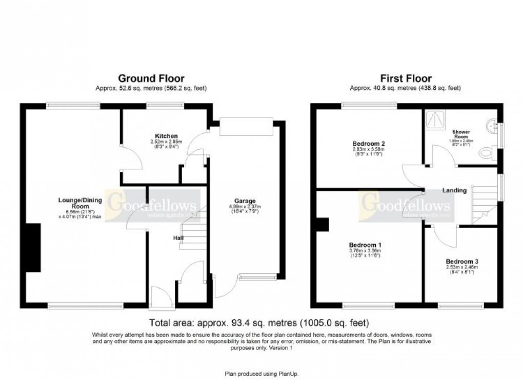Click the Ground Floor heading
[x=151, y=78]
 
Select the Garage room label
[x=245, y=201]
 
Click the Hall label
[x=177, y=237]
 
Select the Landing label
[x=454, y=190]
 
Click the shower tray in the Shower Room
[x=436, y=121]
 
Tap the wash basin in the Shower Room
[x=493, y=124]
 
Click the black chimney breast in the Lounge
[x=33, y=247]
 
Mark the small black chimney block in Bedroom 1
[x=323, y=224]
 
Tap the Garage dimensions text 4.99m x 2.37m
[x=245, y=207]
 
